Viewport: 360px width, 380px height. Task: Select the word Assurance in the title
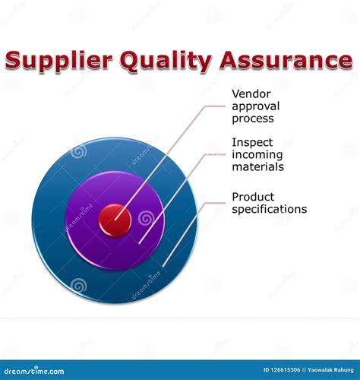click(282, 60)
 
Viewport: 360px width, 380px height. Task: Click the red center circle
click(115, 220)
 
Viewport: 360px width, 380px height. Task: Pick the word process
click(252, 119)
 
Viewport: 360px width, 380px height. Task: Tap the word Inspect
click(251, 143)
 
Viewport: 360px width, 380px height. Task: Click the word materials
click(258, 166)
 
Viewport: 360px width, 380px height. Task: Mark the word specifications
click(269, 209)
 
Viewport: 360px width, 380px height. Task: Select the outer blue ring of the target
click(53, 258)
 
